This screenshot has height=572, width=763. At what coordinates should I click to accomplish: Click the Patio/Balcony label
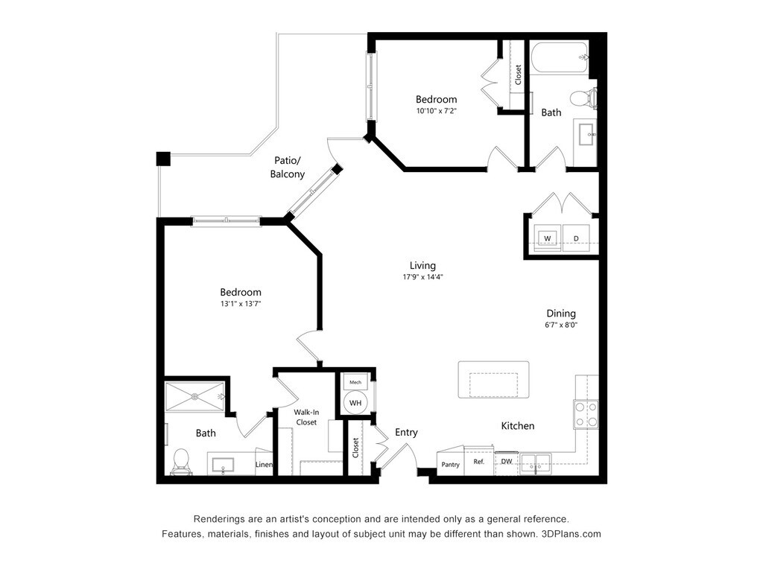click(287, 168)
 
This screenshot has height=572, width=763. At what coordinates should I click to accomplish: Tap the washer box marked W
click(548, 238)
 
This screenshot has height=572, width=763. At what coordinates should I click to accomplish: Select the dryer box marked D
click(575, 238)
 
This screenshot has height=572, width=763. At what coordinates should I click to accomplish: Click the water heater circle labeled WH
click(355, 403)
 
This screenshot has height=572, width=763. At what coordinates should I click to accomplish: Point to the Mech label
click(355, 382)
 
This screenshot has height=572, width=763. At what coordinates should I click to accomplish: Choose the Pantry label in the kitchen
click(450, 464)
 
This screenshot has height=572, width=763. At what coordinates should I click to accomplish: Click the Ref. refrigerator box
click(479, 462)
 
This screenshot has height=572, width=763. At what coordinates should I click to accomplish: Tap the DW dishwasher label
click(506, 462)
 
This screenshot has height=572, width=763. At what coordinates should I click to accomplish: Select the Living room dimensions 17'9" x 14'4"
click(422, 278)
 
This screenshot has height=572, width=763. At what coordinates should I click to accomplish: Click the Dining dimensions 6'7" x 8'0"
click(561, 325)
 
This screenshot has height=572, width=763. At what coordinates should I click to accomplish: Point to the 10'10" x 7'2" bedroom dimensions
click(436, 111)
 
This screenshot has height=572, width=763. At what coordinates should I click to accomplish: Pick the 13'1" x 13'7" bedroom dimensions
click(240, 304)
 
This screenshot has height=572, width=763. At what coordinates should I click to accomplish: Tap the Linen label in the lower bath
click(264, 465)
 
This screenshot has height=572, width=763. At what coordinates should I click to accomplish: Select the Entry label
click(406, 433)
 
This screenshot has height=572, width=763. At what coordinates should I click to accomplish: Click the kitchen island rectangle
click(493, 380)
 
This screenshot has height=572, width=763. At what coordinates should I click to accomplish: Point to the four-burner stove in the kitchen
click(585, 414)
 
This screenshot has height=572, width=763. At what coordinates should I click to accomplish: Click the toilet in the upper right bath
click(583, 98)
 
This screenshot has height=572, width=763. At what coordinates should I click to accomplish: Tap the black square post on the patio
click(163, 159)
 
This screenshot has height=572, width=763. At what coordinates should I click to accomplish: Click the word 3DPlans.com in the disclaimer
click(571, 534)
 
